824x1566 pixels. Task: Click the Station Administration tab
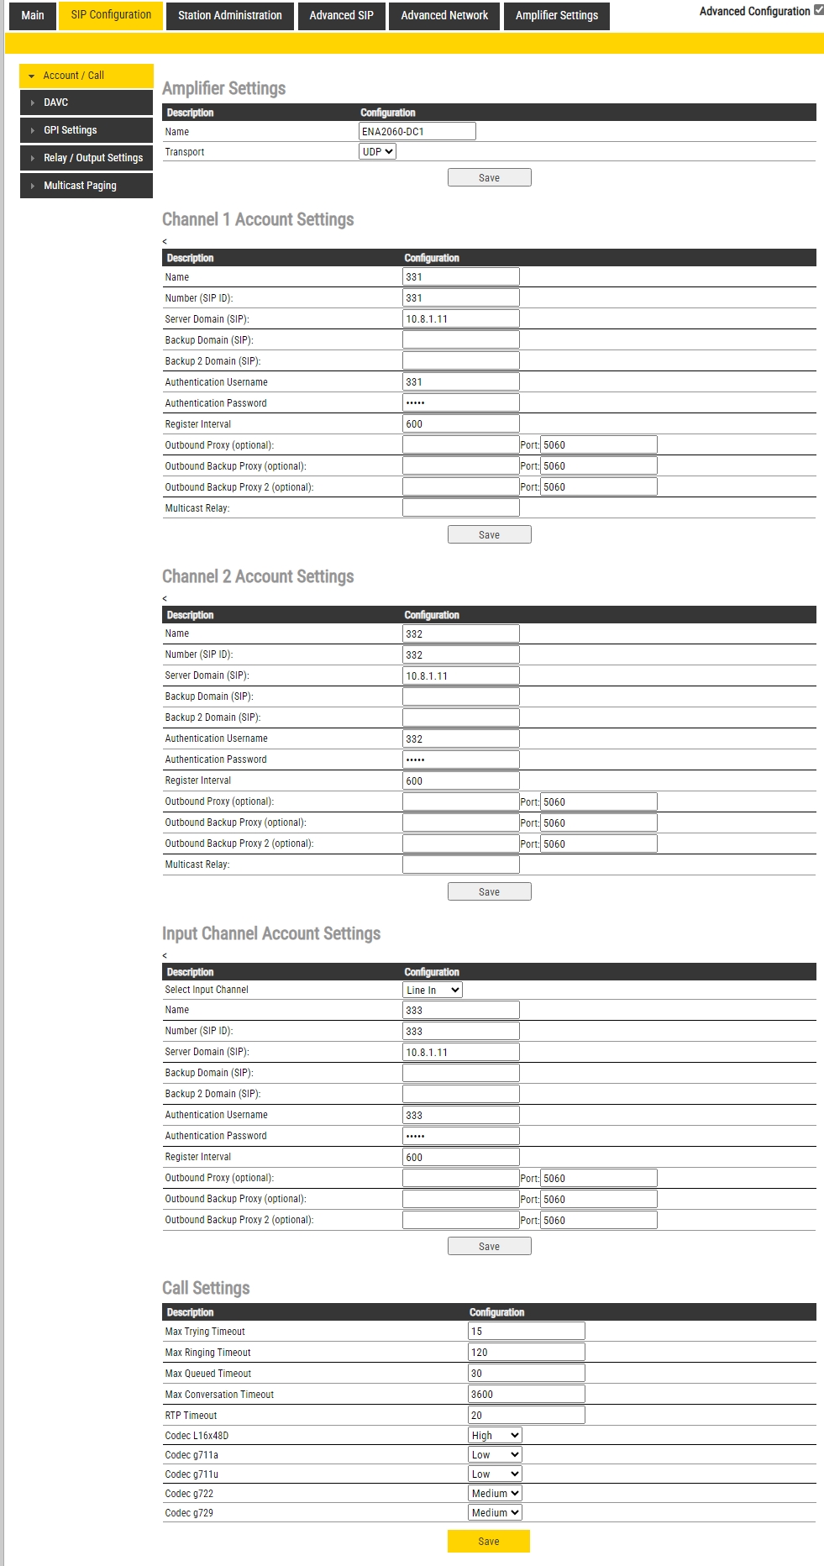pos(229,16)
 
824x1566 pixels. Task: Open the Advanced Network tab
pos(444,16)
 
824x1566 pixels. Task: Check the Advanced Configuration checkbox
pos(819,10)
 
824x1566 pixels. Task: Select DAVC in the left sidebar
pos(86,102)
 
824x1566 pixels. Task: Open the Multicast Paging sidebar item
pos(86,186)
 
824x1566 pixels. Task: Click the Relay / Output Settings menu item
pos(86,158)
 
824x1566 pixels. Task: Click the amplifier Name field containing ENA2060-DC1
pos(417,131)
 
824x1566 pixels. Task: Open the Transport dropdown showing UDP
pos(377,152)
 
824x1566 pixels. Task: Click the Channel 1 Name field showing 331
pos(460,277)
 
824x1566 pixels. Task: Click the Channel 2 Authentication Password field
pos(460,759)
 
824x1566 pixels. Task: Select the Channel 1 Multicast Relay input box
pos(460,508)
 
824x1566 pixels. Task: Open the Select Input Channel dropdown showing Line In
pos(433,990)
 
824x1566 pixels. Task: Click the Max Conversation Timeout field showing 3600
pos(526,1395)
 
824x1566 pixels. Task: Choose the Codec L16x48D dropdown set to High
pos(496,1436)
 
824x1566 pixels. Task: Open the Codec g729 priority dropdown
pos(496,1513)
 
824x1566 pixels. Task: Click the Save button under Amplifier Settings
pos(489,178)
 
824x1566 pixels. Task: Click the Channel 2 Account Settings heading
pos(258,576)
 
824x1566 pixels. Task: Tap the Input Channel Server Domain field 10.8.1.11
pos(460,1052)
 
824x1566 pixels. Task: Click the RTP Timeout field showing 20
pos(526,1416)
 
